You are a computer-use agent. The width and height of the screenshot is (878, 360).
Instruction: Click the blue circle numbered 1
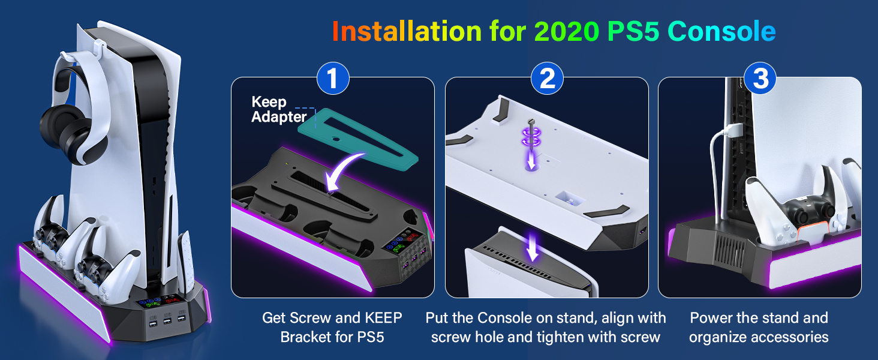click(332, 79)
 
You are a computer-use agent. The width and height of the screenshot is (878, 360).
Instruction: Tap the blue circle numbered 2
click(546, 79)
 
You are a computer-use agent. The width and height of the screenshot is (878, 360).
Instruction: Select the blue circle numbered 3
click(760, 79)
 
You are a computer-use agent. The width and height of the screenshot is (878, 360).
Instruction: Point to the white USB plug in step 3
click(732, 131)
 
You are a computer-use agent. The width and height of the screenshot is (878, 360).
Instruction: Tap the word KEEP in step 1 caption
click(380, 318)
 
